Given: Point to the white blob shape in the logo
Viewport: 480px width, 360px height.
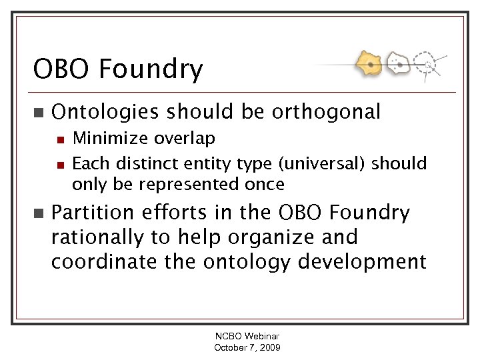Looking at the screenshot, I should (x=399, y=64).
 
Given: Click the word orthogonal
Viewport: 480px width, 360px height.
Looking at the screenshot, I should (x=325, y=112).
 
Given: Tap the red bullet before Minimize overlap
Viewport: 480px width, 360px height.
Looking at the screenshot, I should (x=59, y=139).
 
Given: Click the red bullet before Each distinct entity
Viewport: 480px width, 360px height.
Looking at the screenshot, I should (x=59, y=164).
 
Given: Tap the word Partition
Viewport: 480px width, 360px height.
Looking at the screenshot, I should (x=91, y=213).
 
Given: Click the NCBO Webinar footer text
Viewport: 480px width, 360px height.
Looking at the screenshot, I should (x=247, y=337).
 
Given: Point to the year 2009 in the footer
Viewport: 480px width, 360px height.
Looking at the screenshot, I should (x=269, y=347).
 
